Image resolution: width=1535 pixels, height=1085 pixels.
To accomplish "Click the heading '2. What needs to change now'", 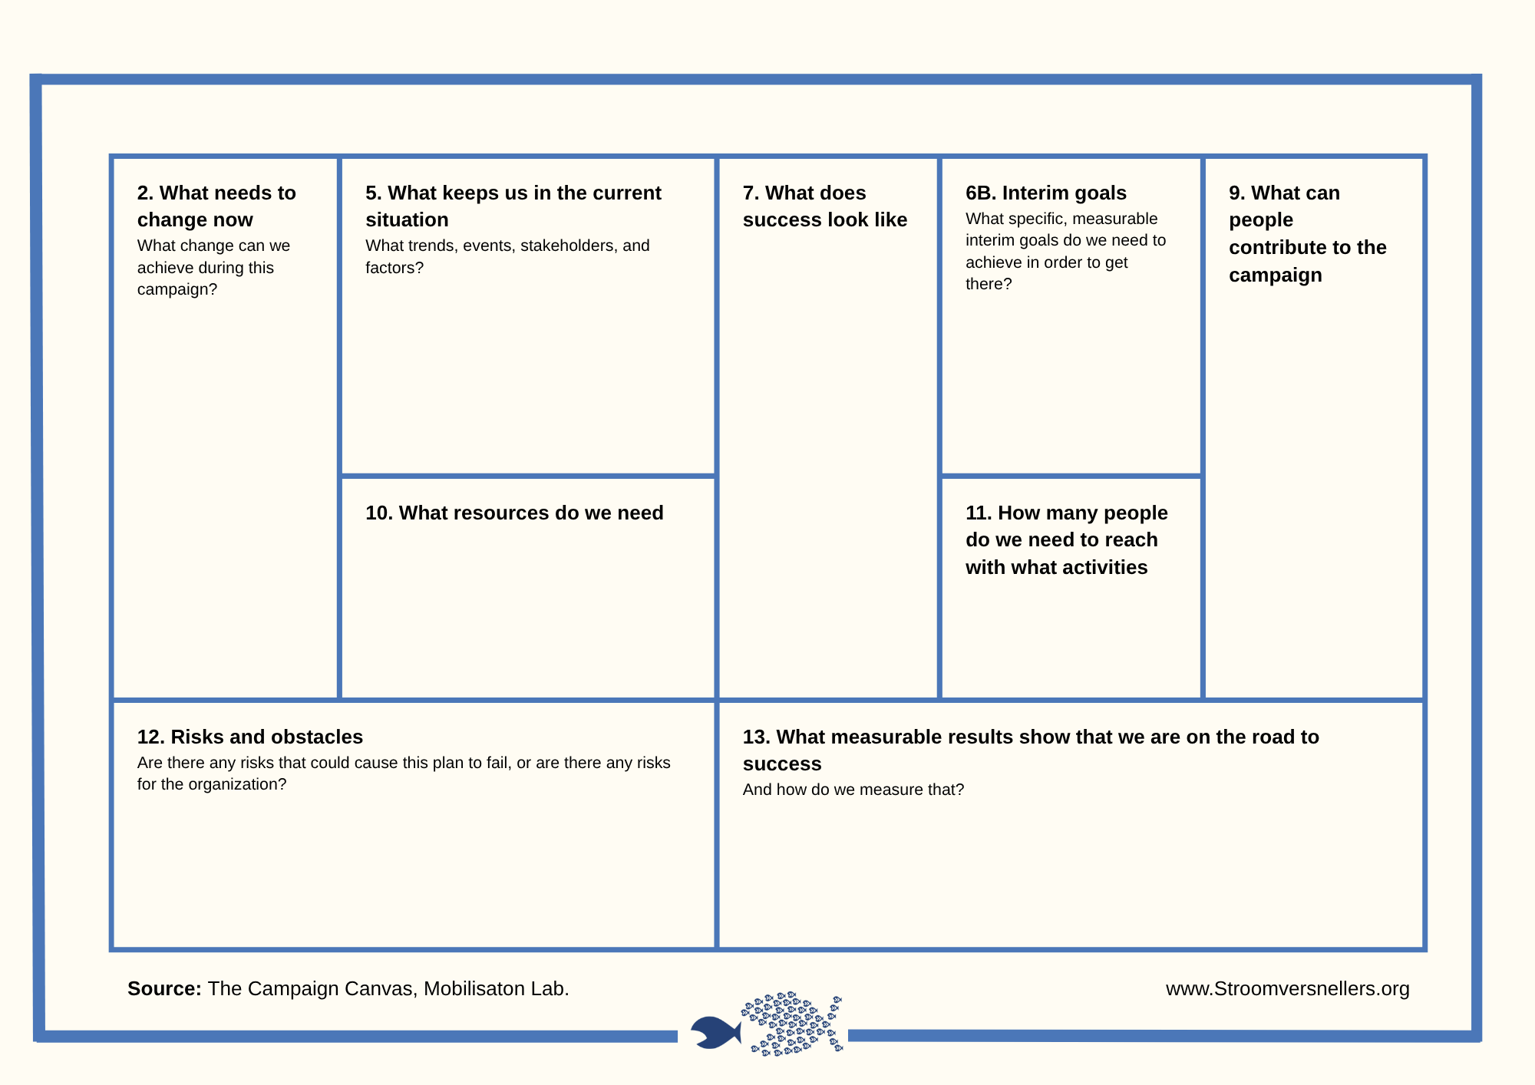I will (x=216, y=206).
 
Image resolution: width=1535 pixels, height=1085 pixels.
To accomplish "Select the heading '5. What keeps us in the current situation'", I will (x=513, y=206).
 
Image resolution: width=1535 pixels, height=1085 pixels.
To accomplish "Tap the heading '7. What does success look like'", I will (x=824, y=206).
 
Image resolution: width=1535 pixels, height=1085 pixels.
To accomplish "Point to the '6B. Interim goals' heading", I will (x=1045, y=193).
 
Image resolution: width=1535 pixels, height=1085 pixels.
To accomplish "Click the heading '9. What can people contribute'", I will (x=1307, y=233).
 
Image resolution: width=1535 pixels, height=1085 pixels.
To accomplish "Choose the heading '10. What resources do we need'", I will (x=514, y=513).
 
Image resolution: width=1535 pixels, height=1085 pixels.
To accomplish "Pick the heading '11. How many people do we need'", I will (x=1066, y=539).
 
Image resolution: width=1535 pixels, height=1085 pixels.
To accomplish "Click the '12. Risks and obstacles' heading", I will (x=249, y=737).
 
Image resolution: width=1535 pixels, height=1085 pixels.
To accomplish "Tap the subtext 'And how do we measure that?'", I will (x=853, y=790).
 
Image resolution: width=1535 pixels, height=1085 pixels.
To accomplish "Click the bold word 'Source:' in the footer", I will (x=164, y=988).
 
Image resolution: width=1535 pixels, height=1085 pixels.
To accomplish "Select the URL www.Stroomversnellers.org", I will (x=1287, y=988).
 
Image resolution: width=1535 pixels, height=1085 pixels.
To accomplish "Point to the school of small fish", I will (x=793, y=1024).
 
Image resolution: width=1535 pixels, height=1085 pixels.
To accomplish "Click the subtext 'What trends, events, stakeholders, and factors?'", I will (x=507, y=256).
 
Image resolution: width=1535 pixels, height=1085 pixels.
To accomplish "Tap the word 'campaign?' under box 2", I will (x=177, y=289).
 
